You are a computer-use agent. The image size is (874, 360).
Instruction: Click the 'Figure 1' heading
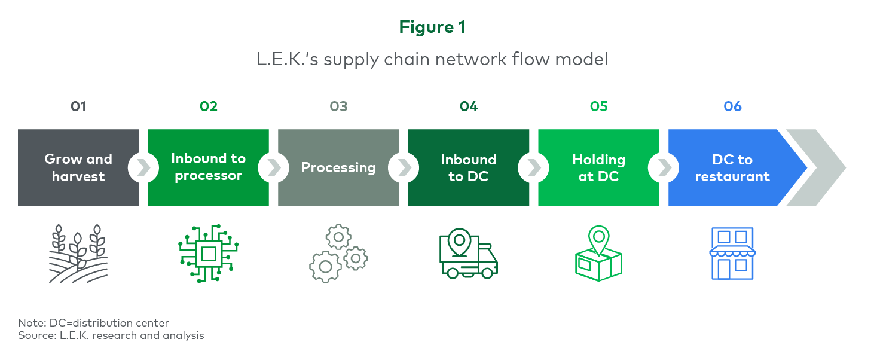pyautogui.click(x=432, y=28)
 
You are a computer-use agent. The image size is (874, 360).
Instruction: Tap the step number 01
pyautogui.click(x=78, y=106)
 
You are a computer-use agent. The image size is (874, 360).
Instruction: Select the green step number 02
pyautogui.click(x=209, y=106)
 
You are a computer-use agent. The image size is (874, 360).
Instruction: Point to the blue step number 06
pyautogui.click(x=732, y=106)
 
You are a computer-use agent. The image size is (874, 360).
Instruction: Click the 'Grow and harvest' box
pyautogui.click(x=78, y=167)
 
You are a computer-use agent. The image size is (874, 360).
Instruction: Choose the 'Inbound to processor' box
pyautogui.click(x=209, y=167)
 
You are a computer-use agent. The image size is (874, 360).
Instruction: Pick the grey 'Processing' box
pyautogui.click(x=338, y=167)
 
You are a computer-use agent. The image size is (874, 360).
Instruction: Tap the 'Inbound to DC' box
pyautogui.click(x=469, y=167)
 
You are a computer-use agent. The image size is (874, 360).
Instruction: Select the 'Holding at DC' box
pyautogui.click(x=598, y=167)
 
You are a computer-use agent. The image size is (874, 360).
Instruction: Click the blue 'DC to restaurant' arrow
pyautogui.click(x=734, y=167)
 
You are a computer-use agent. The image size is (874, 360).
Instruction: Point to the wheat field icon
pyautogui.click(x=78, y=254)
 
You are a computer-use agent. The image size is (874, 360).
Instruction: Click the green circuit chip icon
pyautogui.click(x=209, y=254)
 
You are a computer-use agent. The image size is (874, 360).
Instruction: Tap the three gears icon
pyautogui.click(x=338, y=254)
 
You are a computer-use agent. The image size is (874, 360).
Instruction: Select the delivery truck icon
pyautogui.click(x=469, y=254)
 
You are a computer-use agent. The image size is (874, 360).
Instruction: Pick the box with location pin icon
pyautogui.click(x=598, y=254)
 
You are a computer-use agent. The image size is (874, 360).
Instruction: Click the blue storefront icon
pyautogui.click(x=732, y=254)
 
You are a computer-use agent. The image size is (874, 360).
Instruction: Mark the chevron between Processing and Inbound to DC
pyautogui.click(x=404, y=168)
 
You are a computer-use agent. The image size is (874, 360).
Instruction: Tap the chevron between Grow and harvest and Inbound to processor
pyautogui.click(x=143, y=168)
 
